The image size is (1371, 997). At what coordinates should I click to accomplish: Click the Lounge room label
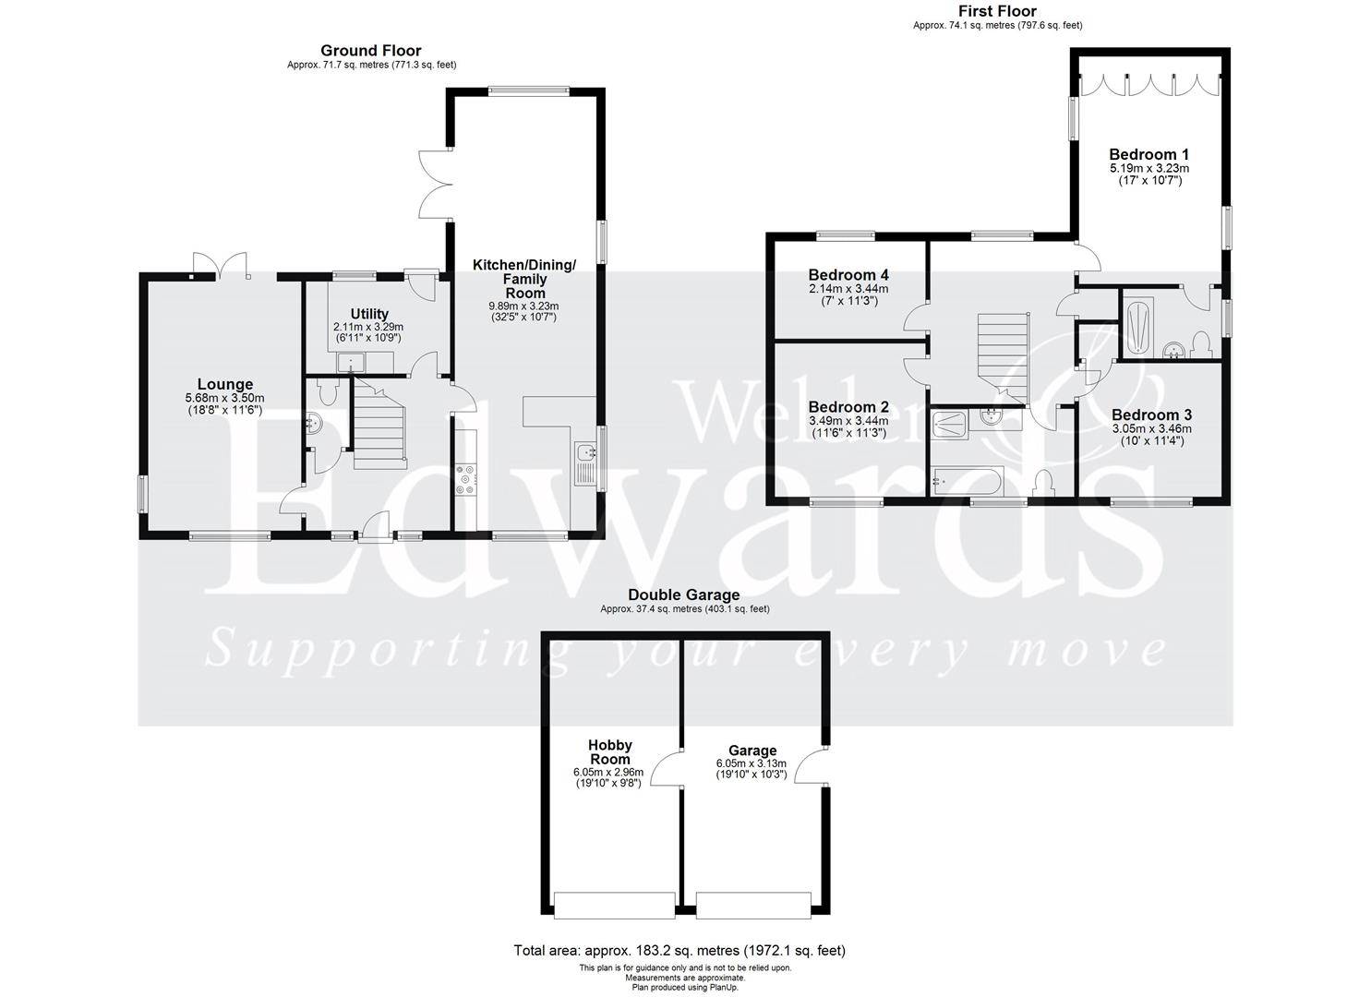tap(224, 385)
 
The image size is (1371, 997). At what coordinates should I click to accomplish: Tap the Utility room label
tap(369, 314)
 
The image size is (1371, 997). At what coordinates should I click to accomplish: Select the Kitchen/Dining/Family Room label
tap(523, 279)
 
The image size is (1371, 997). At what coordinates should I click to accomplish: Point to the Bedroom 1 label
tap(1149, 154)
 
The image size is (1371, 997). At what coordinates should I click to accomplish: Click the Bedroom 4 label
tap(848, 275)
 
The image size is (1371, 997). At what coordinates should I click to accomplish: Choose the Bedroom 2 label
tap(848, 407)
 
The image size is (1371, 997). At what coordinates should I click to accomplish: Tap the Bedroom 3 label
tap(1151, 415)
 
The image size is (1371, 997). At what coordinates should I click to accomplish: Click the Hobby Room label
tap(610, 751)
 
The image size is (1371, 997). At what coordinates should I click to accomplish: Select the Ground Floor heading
tap(371, 51)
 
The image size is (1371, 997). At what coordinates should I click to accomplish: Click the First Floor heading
tap(997, 11)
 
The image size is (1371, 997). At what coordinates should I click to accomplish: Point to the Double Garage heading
tap(684, 595)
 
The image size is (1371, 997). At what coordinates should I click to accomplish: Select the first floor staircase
tap(1003, 355)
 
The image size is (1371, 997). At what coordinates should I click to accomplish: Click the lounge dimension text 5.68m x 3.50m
tap(224, 398)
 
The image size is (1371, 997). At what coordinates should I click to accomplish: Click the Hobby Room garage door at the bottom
tap(614, 905)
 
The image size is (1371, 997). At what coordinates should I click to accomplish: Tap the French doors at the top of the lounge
tap(222, 266)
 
